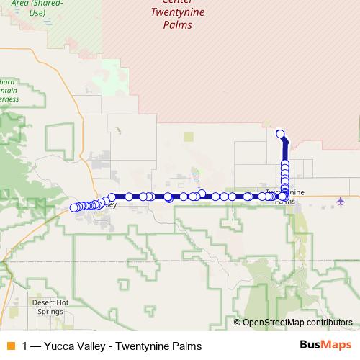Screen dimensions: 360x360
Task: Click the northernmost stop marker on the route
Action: click(280, 132)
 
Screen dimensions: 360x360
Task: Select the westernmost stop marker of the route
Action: click(73, 208)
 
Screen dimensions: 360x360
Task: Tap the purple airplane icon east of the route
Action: click(340, 200)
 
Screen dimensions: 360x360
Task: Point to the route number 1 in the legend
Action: click(26, 346)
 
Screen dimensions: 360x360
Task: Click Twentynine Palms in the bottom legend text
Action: click(158, 346)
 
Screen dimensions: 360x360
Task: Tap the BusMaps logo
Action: click(325, 346)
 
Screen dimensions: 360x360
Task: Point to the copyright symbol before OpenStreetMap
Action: click(238, 322)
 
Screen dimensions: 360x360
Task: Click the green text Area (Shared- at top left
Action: click(36, 4)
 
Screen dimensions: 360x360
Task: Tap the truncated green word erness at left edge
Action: click(9, 99)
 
